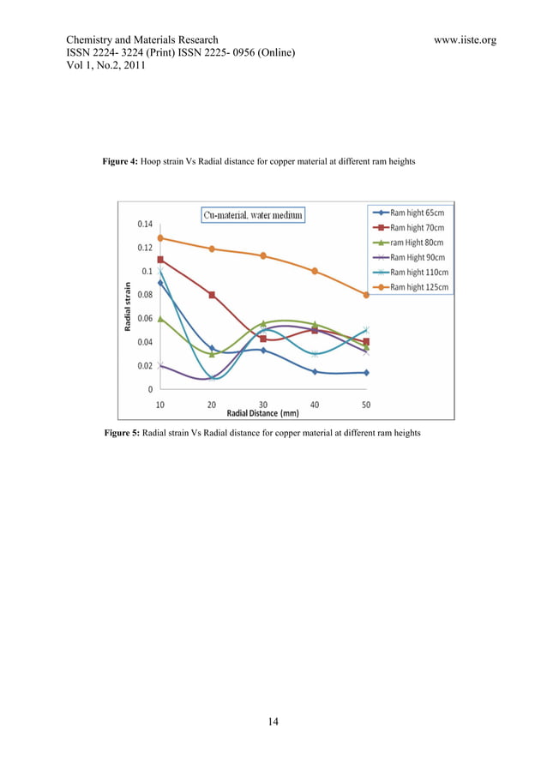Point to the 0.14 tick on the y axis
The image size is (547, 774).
(x=143, y=225)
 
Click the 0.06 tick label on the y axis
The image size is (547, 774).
(x=143, y=319)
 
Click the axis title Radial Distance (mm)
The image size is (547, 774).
(x=262, y=412)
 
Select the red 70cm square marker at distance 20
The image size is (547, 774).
(x=212, y=295)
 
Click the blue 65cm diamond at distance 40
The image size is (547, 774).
(x=315, y=372)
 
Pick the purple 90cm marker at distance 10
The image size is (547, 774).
(x=160, y=366)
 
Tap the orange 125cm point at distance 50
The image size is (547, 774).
(x=366, y=295)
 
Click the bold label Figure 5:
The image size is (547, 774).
(x=120, y=434)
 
